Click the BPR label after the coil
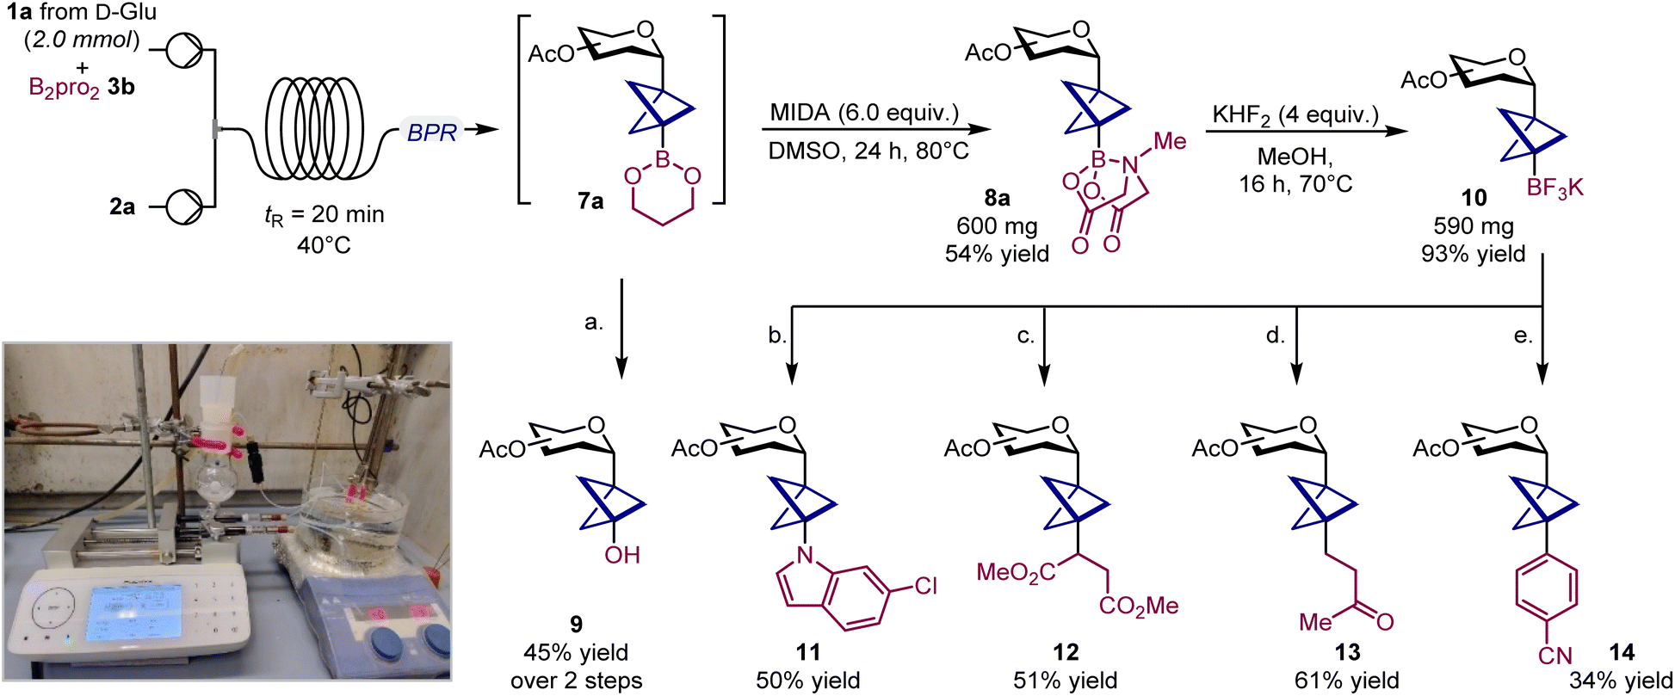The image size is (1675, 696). tap(431, 132)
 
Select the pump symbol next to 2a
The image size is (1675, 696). tap(183, 206)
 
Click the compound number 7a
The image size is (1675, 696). tap(590, 201)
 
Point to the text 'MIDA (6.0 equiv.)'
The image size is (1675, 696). tap(864, 113)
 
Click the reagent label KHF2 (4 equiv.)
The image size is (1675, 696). tap(1295, 115)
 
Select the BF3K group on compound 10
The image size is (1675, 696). tap(1554, 188)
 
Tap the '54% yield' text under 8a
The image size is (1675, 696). tap(997, 254)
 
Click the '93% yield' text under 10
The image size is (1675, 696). tap(1474, 254)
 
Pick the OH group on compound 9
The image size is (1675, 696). tap(621, 555)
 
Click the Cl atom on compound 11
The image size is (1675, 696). tap(925, 586)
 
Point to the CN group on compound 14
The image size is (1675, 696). tap(1554, 656)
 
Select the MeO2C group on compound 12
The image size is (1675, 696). tap(1016, 573)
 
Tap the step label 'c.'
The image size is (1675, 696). tap(1026, 336)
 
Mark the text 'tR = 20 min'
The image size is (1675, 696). tap(324, 215)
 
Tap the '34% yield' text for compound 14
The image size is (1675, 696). tap(1621, 681)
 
